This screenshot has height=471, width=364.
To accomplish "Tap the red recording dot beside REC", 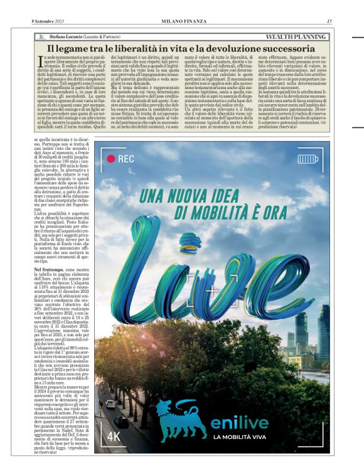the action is pyautogui.click(x=110, y=159).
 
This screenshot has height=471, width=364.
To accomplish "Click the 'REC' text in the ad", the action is pyautogui.click(x=126, y=159).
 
